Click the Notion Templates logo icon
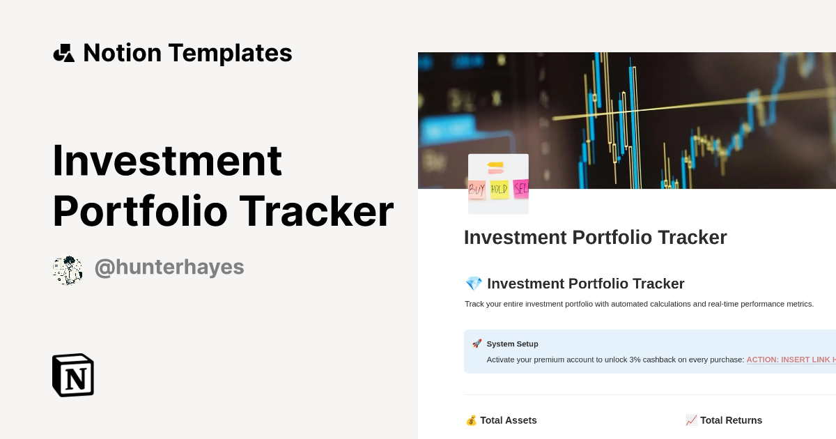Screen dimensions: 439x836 64,53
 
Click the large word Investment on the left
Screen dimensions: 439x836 167,160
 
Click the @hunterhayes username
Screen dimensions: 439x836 169,267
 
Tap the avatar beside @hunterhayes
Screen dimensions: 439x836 68,270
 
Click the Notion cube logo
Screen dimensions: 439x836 73,375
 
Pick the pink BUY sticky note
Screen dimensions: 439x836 477,189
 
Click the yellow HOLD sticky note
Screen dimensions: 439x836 499,189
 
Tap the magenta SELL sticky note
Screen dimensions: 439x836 521,188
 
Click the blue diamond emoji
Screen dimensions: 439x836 474,284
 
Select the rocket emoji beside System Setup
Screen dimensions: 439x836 477,344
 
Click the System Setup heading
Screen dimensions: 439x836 512,344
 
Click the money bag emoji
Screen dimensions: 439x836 471,420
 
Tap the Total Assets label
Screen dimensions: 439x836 509,420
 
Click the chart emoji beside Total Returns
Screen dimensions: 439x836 691,420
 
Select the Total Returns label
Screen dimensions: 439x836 731,420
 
